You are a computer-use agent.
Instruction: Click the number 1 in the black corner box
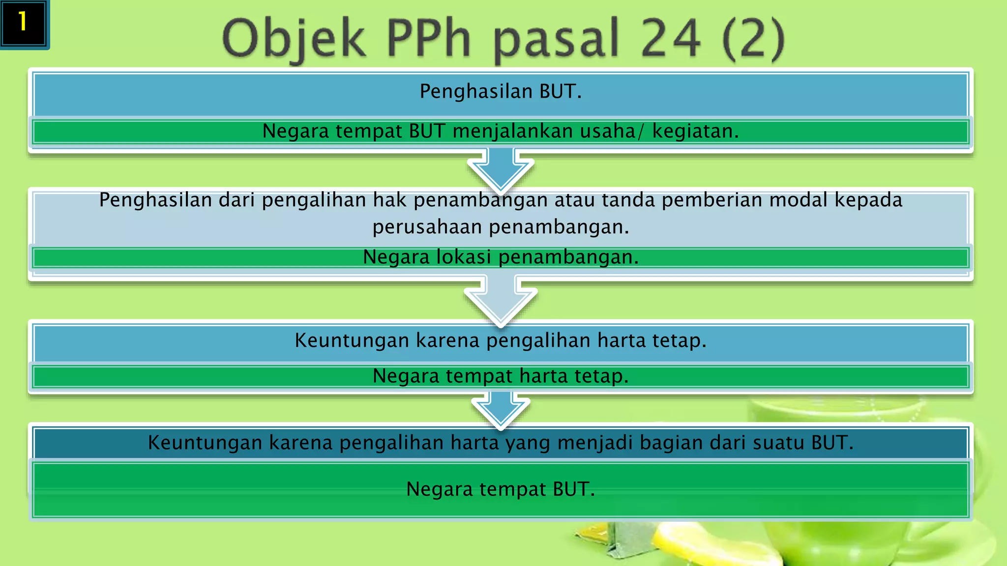pos(23,22)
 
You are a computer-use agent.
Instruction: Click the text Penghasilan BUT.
pos(501,91)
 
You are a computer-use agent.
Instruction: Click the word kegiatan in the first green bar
pos(695,131)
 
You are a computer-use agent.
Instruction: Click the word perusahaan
pos(427,227)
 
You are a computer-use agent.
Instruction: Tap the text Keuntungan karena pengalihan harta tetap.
pos(501,340)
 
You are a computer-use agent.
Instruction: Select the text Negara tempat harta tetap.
pos(501,376)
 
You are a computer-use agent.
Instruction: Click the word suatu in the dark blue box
pos(779,443)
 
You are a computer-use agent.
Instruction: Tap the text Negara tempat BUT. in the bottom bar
pos(501,489)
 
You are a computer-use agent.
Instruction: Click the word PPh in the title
pos(428,38)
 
